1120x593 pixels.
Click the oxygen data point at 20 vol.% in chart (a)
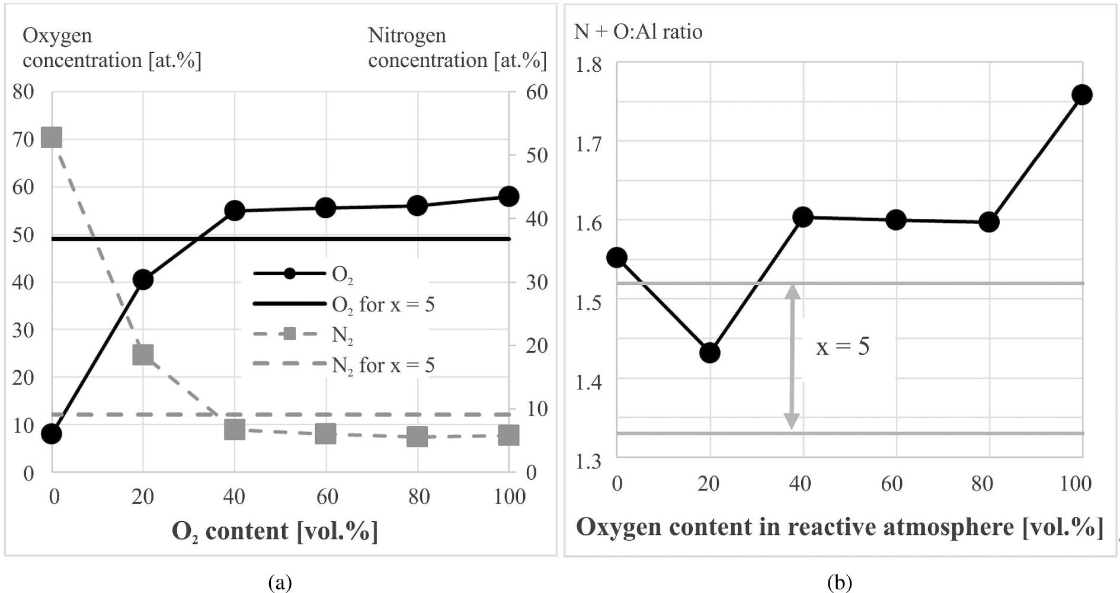143,279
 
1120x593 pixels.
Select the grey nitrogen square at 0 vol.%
52,138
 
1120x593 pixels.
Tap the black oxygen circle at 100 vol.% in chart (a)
508,196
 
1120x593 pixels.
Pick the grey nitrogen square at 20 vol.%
143,355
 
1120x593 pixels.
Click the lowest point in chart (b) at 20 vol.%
709,353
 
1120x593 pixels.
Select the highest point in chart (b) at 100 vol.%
1082,95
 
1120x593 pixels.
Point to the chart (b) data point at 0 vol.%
617,257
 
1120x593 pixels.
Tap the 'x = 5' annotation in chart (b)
842,346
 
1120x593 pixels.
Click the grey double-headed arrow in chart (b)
792,356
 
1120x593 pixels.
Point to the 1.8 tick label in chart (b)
588,64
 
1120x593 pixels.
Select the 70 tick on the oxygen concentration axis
23,139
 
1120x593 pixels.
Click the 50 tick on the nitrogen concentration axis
536,155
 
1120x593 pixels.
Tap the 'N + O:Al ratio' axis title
638,31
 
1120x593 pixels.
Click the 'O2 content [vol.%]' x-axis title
274,531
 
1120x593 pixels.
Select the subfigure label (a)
280,582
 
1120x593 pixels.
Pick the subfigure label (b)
839,582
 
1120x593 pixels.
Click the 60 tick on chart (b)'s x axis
892,484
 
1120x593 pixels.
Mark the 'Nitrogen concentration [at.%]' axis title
457,48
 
